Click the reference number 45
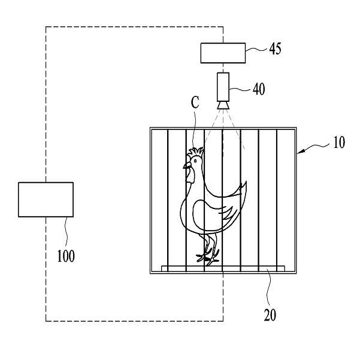tap(275, 49)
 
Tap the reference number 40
tap(259, 89)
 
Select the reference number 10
tap(339, 143)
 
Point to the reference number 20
tap(270, 314)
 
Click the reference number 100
tap(66, 256)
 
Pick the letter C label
tap(195, 102)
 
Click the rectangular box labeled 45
tap(223, 53)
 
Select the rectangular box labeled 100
tap(46, 199)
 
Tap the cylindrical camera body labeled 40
tap(223, 87)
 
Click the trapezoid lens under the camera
tap(223, 105)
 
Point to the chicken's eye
tap(195, 161)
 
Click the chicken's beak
tap(186, 165)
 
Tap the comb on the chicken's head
tap(196, 152)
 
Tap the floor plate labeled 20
tap(223, 268)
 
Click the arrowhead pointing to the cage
tap(301, 152)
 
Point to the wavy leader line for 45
tap(256, 49)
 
